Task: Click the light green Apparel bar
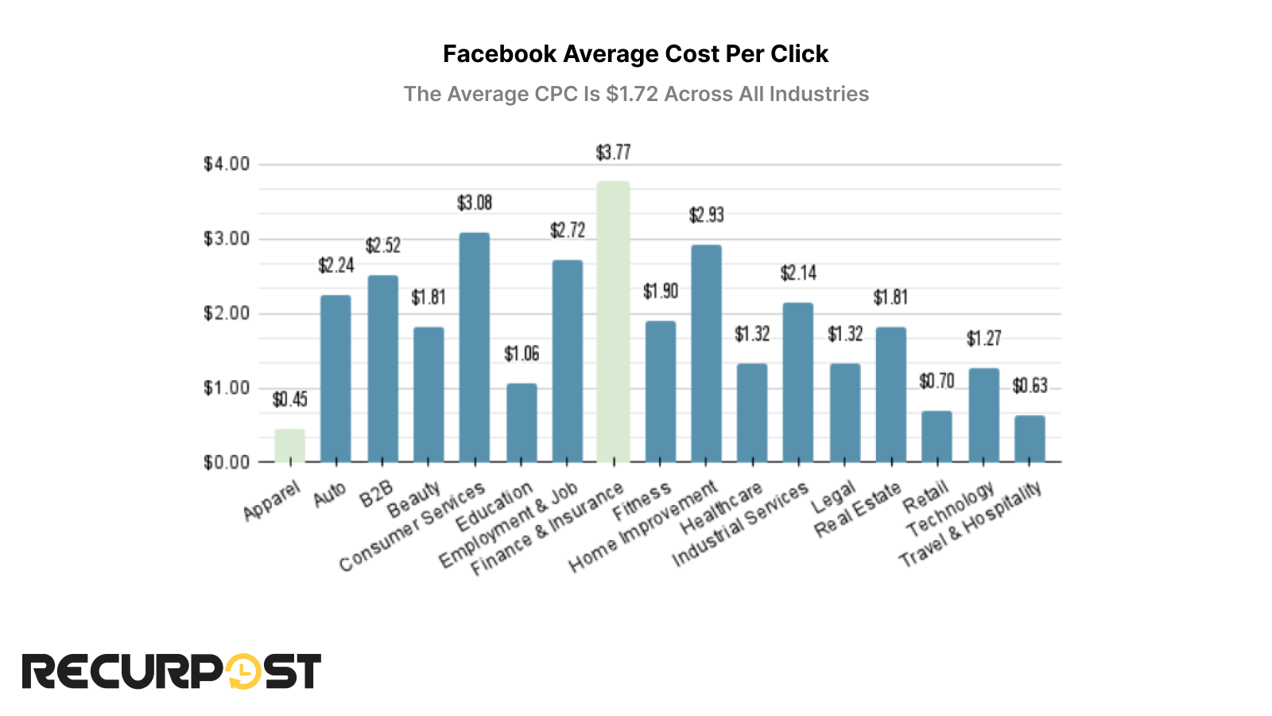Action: coord(289,446)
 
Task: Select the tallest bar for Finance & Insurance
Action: coord(613,322)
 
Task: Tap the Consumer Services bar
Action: coord(475,348)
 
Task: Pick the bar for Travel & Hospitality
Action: coord(1030,438)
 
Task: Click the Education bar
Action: coord(522,422)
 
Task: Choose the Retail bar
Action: coord(937,436)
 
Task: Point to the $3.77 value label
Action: coord(613,152)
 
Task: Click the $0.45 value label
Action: coord(289,399)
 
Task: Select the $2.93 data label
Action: coord(706,215)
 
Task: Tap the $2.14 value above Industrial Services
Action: coord(798,274)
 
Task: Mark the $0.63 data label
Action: coord(1030,386)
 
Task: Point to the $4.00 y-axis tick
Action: coord(227,165)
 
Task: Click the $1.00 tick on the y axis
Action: coord(227,388)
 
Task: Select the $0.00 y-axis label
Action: coord(227,463)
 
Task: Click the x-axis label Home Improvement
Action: coord(644,526)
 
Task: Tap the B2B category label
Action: coord(377,494)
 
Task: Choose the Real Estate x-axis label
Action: coord(859,509)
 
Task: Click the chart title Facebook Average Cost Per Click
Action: coord(635,54)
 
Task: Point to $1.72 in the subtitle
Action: coord(632,94)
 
